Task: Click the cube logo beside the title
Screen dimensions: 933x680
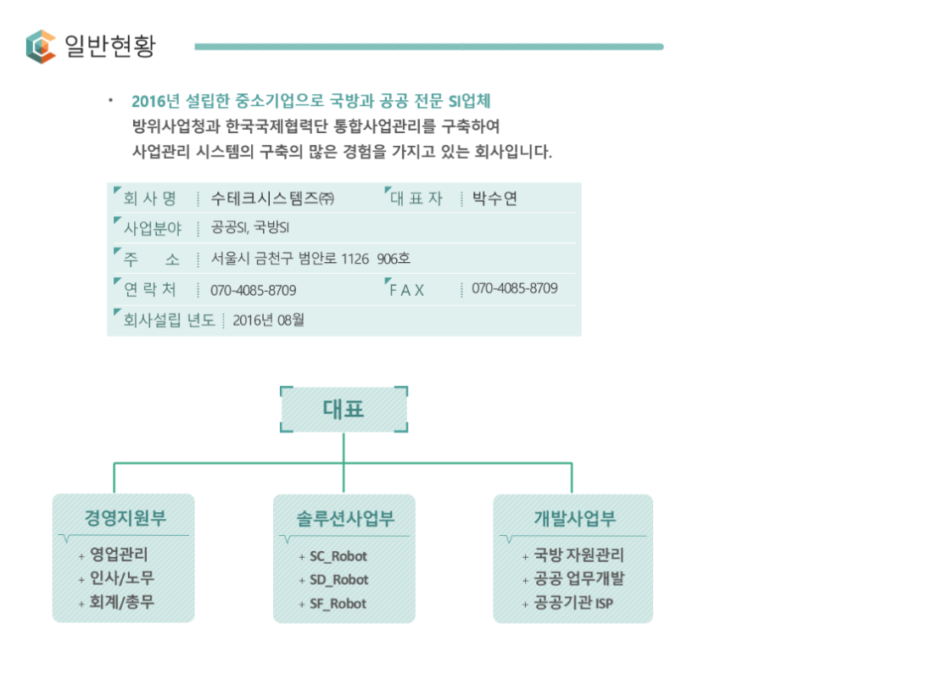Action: click(41, 47)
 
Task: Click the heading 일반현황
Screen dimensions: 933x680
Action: click(110, 46)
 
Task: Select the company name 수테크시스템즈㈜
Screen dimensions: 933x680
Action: click(272, 198)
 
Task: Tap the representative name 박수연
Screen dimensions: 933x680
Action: click(494, 198)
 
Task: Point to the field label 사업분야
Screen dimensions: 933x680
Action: click(153, 228)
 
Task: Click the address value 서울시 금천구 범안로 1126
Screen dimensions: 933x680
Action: click(290, 259)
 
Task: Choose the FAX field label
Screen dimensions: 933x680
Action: click(407, 290)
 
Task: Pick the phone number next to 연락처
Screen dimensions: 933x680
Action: click(254, 290)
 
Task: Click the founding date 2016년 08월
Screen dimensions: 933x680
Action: click(268, 320)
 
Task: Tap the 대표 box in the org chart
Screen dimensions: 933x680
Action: click(344, 410)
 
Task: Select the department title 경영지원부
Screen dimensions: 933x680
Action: click(125, 517)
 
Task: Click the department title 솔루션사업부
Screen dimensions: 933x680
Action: click(345, 518)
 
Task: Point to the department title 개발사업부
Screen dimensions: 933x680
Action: click(574, 518)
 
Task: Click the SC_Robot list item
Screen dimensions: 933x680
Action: click(338, 556)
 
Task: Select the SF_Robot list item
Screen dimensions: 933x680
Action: click(338, 604)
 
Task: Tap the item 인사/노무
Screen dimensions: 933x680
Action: click(122, 577)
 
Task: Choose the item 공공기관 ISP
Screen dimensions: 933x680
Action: click(573, 603)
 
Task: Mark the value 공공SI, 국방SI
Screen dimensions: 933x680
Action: click(250, 227)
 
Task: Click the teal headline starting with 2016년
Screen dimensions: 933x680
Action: click(310, 101)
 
